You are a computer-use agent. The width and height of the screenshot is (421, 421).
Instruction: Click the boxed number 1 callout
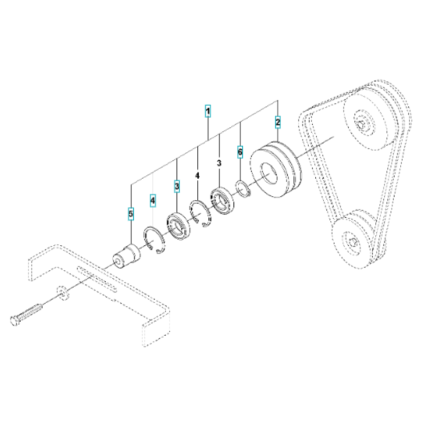click(x=208, y=113)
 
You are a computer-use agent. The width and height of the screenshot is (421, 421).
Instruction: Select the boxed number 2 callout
click(x=277, y=121)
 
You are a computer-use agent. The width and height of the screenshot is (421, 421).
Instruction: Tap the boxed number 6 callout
click(x=241, y=150)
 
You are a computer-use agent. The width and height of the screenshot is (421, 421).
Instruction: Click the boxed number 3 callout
click(x=177, y=185)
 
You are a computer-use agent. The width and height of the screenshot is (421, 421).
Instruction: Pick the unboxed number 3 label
click(x=220, y=162)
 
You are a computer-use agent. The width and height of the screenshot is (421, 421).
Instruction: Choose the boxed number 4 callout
click(x=153, y=200)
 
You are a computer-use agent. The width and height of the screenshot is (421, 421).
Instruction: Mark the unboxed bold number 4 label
click(x=198, y=175)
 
